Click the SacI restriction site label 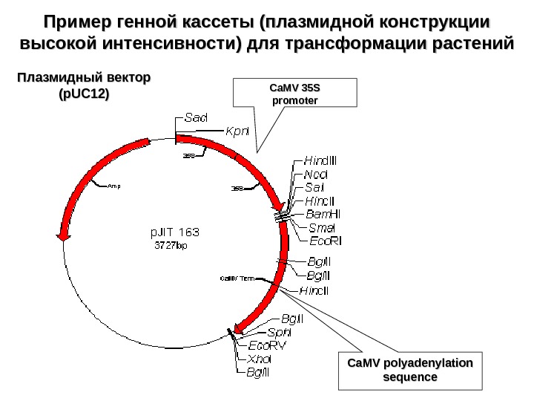[x=196, y=118]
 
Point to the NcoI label [x=317, y=174]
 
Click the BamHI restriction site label [x=323, y=214]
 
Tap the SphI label [x=280, y=332]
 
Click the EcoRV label [x=267, y=345]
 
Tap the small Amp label [x=113, y=186]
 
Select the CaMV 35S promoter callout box [x=295, y=94]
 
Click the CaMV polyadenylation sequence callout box [x=410, y=369]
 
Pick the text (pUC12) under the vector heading [x=83, y=94]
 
